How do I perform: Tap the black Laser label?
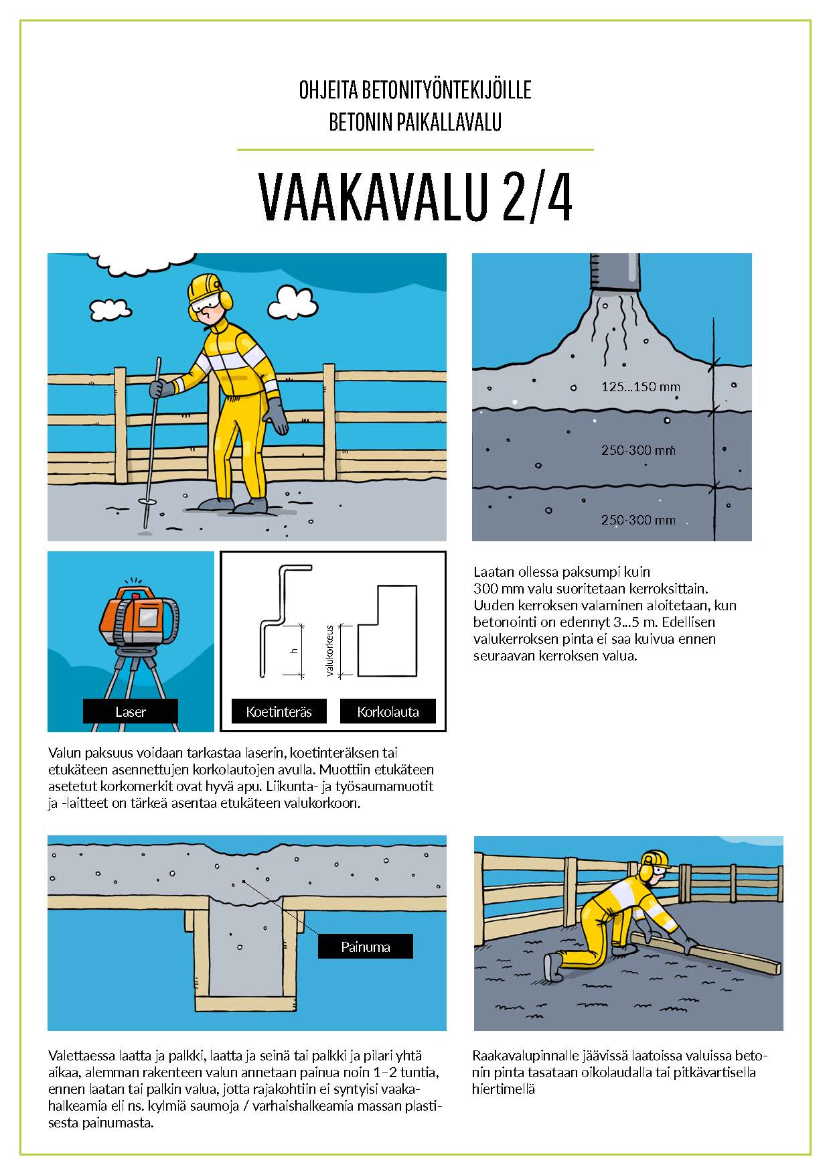131,711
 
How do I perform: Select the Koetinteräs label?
279,711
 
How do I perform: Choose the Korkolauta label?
388,711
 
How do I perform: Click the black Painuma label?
365,947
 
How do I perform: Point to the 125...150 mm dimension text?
640,387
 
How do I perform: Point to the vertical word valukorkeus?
330,650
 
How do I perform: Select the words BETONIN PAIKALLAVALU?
415,122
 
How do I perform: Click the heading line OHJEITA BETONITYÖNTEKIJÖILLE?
415,90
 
